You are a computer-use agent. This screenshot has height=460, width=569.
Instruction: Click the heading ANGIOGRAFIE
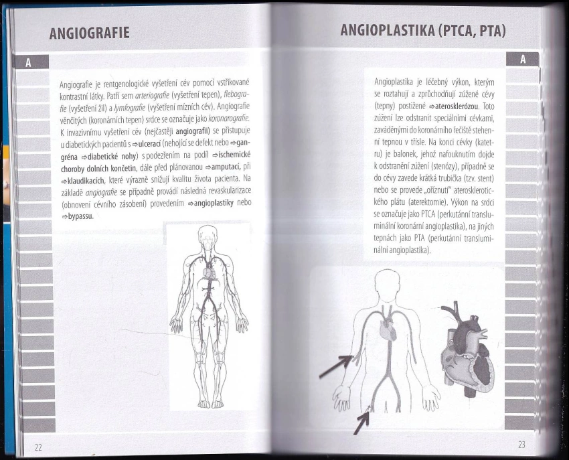[90, 33]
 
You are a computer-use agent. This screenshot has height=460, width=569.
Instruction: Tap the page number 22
[38, 447]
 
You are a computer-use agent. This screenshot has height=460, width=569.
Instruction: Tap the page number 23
[522, 444]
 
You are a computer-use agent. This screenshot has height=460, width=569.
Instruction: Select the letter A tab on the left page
[29, 63]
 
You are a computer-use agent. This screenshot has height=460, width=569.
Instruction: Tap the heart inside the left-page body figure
[209, 273]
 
